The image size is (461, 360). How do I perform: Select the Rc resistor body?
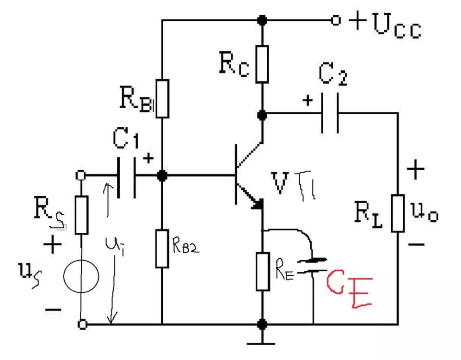tap(262, 64)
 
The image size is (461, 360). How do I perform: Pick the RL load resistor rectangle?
tap(398, 213)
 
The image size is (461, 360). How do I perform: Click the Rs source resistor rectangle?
tap(81, 214)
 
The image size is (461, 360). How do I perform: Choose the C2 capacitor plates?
tap(331, 113)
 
